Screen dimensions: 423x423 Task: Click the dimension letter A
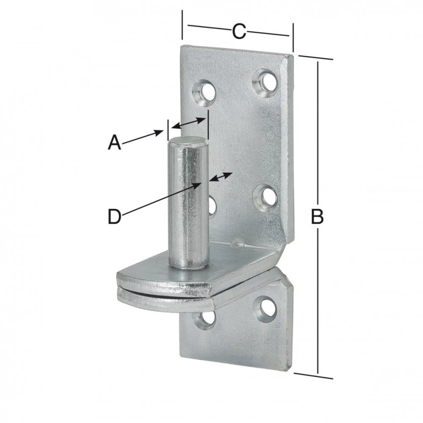[114, 142]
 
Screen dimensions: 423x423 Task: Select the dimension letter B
[318, 217]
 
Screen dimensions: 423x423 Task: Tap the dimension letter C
[239, 31]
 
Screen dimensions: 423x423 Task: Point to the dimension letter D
[114, 217]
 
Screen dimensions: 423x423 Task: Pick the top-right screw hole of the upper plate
[265, 81]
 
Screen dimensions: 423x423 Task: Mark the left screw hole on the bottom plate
[205, 320]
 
